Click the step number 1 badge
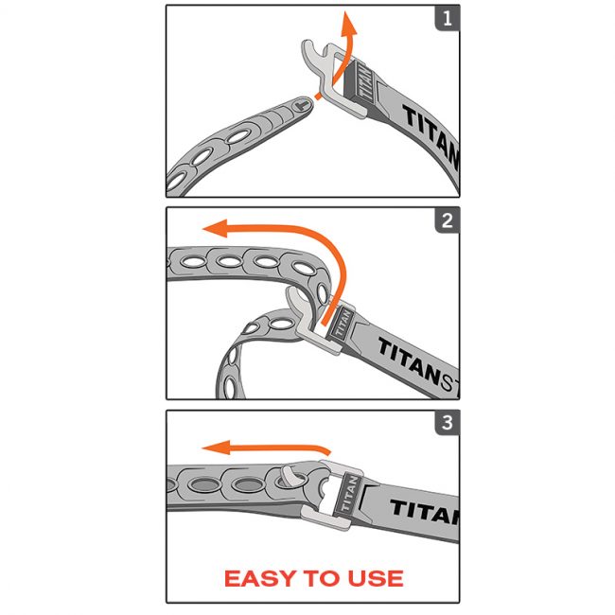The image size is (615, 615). click(x=447, y=19)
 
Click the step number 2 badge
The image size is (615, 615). click(x=447, y=221)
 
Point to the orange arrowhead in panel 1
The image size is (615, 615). click(x=349, y=23)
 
